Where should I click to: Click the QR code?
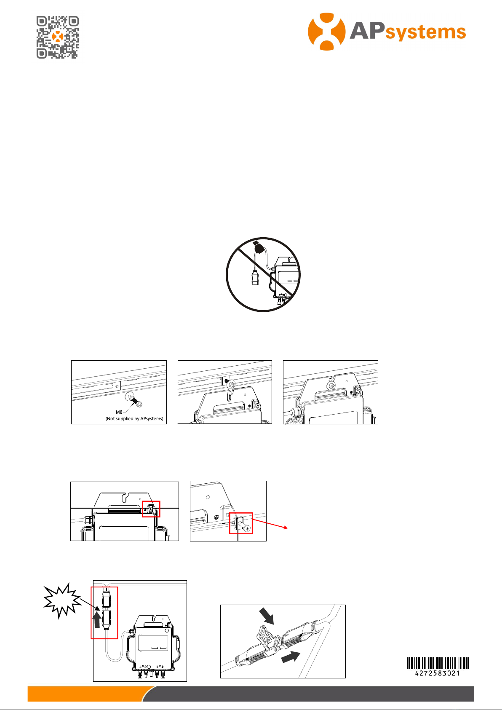click(58, 38)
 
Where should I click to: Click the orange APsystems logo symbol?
click(326, 32)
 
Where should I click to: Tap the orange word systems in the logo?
click(426, 32)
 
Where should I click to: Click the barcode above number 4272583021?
click(438, 663)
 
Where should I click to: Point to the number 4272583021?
click(438, 673)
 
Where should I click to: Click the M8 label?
click(119, 412)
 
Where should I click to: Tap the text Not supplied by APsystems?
click(135, 418)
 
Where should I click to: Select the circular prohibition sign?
click(263, 274)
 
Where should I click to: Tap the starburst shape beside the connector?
click(62, 600)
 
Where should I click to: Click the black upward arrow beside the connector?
click(97, 619)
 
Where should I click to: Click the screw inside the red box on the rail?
click(245, 527)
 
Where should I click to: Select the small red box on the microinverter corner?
click(151, 509)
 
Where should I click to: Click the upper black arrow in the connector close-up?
click(267, 616)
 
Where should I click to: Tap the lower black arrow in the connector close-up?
click(291, 657)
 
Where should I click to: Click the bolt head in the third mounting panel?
click(331, 386)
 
